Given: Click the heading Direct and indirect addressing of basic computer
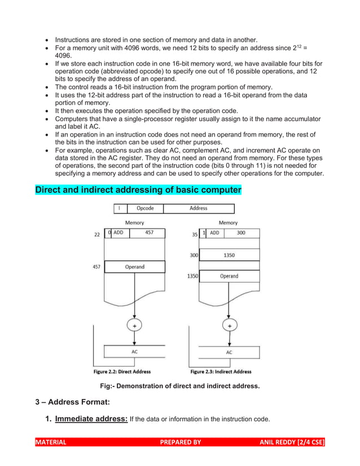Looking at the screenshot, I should coord(138,190).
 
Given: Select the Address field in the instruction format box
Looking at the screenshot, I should coord(198,209).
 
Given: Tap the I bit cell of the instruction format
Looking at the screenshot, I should coord(118,209).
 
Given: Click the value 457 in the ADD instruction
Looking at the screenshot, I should coord(148,232).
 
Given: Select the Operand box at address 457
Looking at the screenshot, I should coord(135,267).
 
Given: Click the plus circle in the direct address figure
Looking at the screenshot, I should coord(135,326).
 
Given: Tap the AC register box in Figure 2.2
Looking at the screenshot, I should coord(135,351).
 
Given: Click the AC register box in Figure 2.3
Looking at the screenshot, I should coord(229,351).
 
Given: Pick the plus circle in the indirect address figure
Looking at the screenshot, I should coord(229,326).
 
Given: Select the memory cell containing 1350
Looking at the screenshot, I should coord(229,256).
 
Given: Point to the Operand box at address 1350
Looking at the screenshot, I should coord(229,276).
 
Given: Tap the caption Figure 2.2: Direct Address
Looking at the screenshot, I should coord(122,372).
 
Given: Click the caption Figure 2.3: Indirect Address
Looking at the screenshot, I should coord(221,372).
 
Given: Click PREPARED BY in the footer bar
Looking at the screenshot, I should coord(181,442).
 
